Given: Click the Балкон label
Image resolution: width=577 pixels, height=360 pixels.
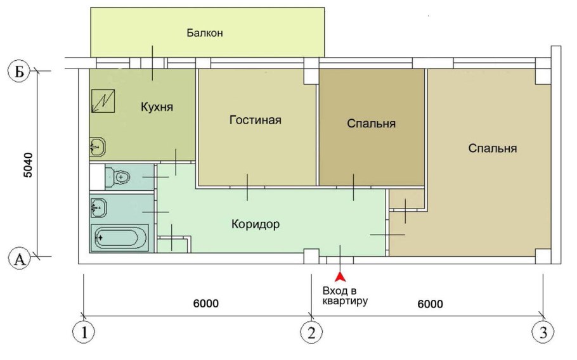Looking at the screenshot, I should pyautogui.click(x=205, y=32).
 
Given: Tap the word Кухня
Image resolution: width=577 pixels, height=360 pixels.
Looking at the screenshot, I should pyautogui.click(x=157, y=106).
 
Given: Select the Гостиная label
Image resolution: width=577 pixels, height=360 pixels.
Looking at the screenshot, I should pyautogui.click(x=256, y=120).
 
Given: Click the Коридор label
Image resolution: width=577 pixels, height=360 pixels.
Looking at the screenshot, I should pyautogui.click(x=256, y=224).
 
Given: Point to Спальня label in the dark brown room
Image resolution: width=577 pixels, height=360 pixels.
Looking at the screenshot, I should pyautogui.click(x=372, y=124).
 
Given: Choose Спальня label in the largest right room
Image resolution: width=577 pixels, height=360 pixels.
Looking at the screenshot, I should pyautogui.click(x=493, y=148).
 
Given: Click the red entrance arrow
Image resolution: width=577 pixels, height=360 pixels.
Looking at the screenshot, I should pyautogui.click(x=340, y=276).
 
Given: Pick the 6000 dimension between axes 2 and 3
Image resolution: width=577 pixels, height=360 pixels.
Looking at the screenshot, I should pyautogui.click(x=430, y=304).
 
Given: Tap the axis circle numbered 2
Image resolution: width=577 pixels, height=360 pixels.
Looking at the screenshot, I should pyautogui.click(x=311, y=332).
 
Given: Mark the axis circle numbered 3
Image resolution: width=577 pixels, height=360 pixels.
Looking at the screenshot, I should pyautogui.click(x=543, y=332).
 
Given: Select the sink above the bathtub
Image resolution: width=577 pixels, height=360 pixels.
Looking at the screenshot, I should pyautogui.click(x=99, y=207).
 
